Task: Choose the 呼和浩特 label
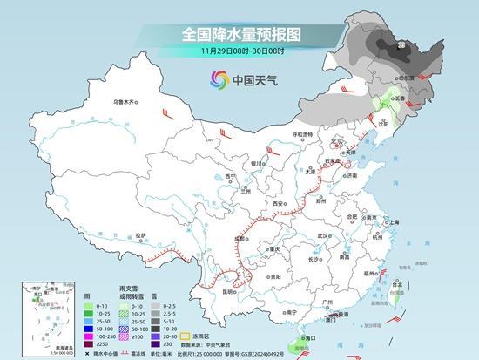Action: tap(302, 134)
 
